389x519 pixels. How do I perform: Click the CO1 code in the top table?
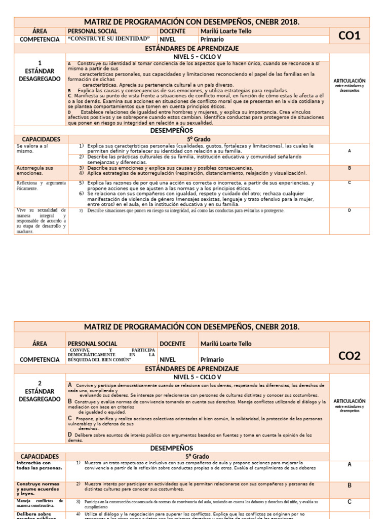click(349, 35)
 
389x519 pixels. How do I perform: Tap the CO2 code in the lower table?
click(349, 356)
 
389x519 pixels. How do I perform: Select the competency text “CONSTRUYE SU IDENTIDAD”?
click(109, 39)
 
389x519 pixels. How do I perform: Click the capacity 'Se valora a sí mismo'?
click(30, 149)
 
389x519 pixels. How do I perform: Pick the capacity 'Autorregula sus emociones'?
click(35, 170)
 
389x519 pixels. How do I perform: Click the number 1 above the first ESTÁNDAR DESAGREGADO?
click(40, 63)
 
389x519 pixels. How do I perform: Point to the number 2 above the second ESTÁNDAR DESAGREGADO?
click(40, 383)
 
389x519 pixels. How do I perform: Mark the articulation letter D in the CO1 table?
click(349, 210)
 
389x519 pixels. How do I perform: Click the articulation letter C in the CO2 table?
click(349, 502)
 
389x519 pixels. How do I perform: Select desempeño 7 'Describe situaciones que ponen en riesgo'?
click(185, 210)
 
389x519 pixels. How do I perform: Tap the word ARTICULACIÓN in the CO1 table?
click(349, 81)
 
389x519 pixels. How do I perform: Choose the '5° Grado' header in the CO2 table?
click(199, 456)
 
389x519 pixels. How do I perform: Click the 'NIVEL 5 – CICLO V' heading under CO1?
click(198, 57)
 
